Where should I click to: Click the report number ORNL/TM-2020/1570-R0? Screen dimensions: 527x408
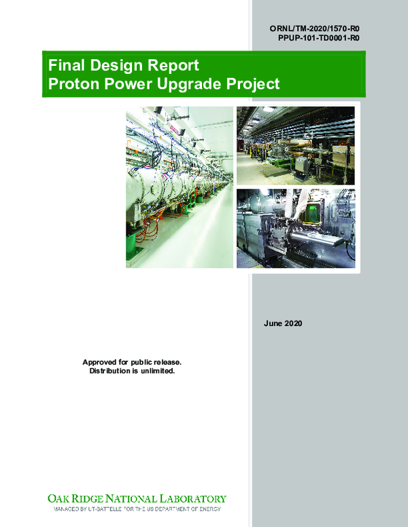(x=314, y=29)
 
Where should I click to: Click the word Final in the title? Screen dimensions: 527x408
(x=66, y=67)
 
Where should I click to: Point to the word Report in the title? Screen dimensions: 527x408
(x=176, y=67)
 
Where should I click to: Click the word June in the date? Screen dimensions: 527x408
(x=274, y=323)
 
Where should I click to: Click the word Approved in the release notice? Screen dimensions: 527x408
(x=102, y=362)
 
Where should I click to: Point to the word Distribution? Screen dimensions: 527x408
(x=113, y=371)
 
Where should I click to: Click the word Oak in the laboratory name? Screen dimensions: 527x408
(x=56, y=498)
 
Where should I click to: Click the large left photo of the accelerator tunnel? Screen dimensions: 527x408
(x=178, y=187)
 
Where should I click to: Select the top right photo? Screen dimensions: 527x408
(x=295, y=145)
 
